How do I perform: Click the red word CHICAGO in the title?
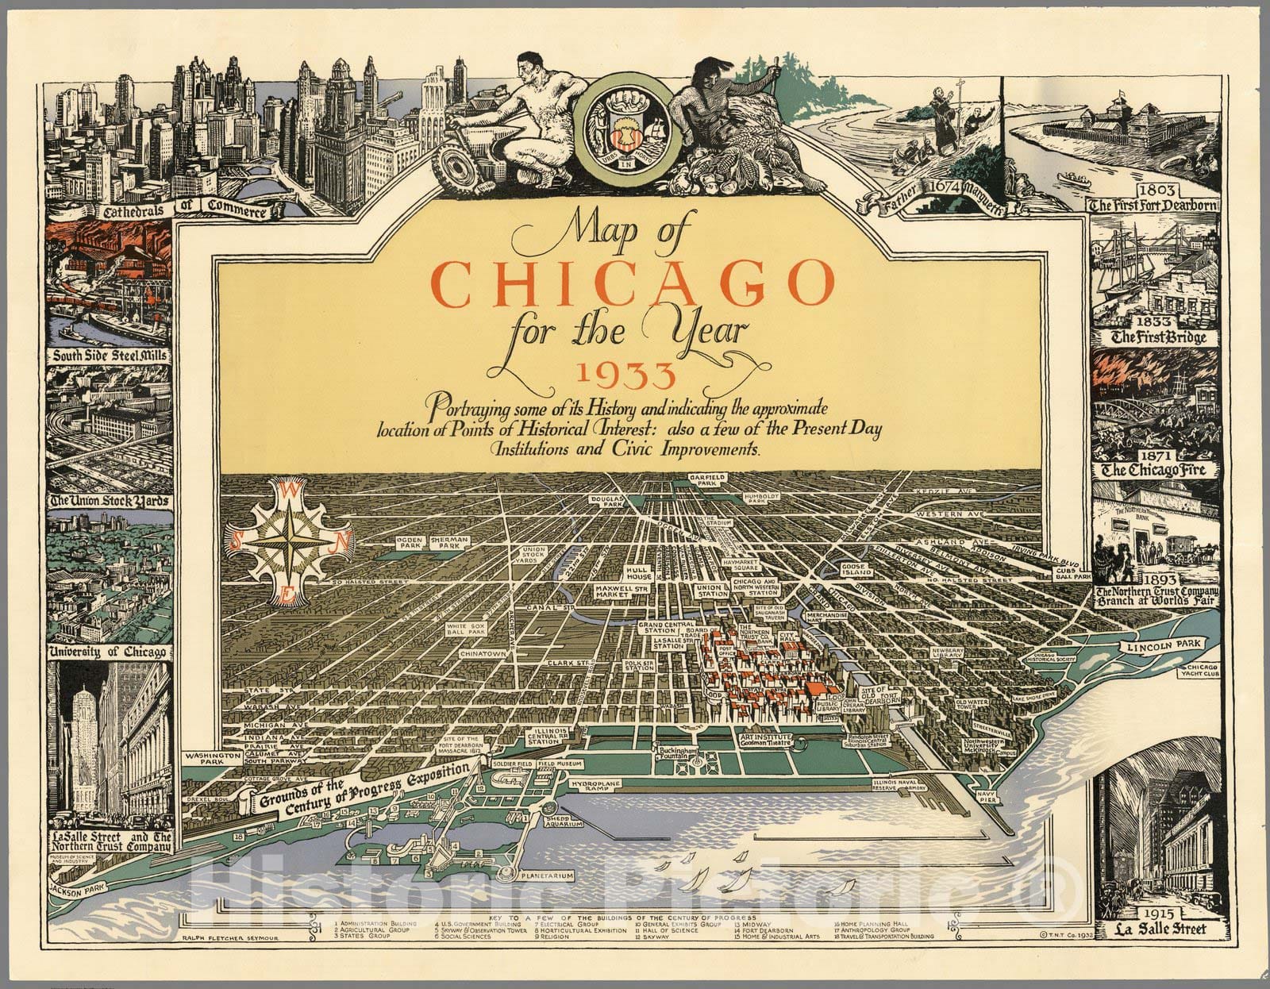click(634, 283)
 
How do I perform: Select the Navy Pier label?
click(987, 795)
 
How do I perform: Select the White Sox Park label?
click(465, 630)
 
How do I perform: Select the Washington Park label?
click(212, 760)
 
